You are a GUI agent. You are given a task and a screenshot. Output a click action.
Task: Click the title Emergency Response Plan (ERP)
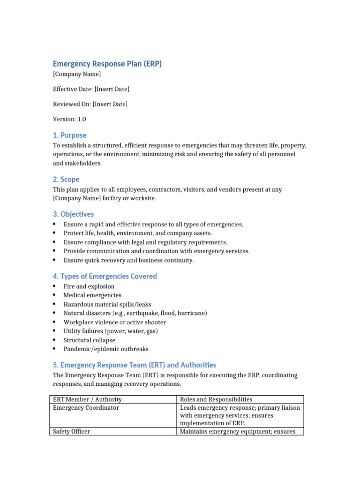(x=107, y=64)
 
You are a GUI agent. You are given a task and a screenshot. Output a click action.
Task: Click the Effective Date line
(x=91, y=89)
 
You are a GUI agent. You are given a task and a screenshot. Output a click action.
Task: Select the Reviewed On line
(x=90, y=104)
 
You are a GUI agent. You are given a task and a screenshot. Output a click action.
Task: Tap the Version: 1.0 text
(x=69, y=119)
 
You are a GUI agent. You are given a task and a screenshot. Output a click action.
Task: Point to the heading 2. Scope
(x=66, y=179)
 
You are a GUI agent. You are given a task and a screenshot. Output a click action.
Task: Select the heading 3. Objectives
(x=73, y=214)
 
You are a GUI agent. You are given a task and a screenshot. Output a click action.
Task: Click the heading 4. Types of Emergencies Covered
(x=105, y=276)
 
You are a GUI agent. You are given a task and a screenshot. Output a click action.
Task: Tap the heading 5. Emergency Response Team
(x=134, y=365)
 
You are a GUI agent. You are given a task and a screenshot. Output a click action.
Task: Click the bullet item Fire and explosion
(x=89, y=286)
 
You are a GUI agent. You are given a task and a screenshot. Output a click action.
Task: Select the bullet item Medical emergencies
(x=92, y=295)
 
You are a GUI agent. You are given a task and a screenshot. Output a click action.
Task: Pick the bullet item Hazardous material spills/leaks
(x=107, y=304)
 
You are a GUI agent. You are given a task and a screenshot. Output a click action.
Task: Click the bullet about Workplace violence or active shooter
(x=115, y=322)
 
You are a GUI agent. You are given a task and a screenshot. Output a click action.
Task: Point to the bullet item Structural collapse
(x=90, y=340)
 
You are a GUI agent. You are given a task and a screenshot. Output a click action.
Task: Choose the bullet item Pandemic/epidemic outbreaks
(x=106, y=349)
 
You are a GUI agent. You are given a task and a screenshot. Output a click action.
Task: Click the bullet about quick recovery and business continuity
(x=128, y=260)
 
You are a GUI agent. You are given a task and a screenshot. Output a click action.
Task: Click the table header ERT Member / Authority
(x=87, y=399)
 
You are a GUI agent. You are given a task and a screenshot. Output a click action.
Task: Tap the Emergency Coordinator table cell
(x=86, y=408)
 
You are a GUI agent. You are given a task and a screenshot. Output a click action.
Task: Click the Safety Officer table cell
(x=72, y=431)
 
